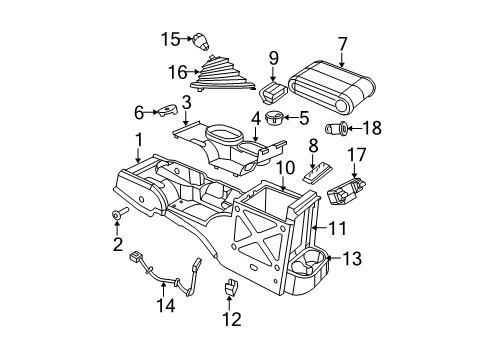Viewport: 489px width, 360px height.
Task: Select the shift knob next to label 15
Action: coord(201,42)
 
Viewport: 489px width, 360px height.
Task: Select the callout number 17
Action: coord(357,153)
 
